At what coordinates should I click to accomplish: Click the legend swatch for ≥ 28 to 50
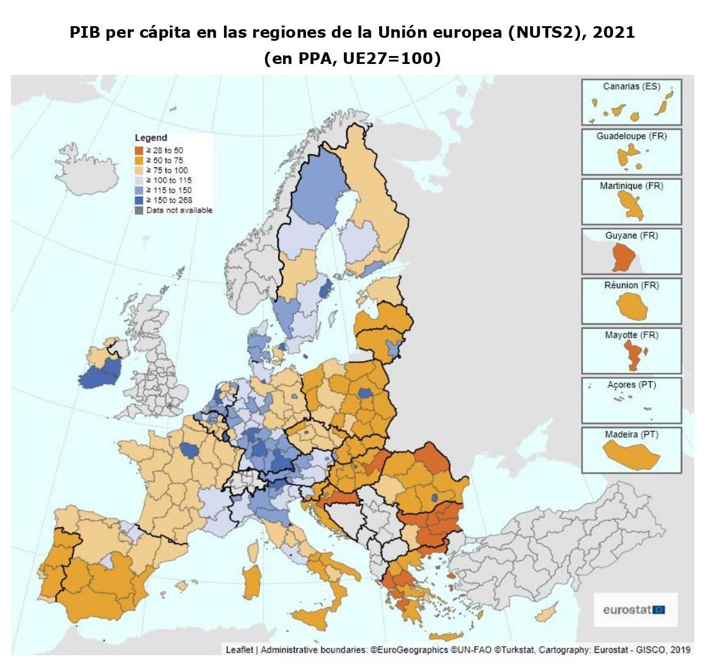tap(139, 150)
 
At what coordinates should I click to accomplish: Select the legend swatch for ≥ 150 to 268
tap(139, 200)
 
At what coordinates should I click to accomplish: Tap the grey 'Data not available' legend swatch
tap(139, 210)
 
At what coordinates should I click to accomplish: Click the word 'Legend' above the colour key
tap(150, 138)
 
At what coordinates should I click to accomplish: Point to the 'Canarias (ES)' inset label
tap(631, 86)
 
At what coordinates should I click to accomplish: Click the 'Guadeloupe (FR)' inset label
tap(631, 136)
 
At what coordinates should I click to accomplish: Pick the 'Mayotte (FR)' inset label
tap(631, 335)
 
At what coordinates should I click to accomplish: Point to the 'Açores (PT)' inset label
tap(631, 385)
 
